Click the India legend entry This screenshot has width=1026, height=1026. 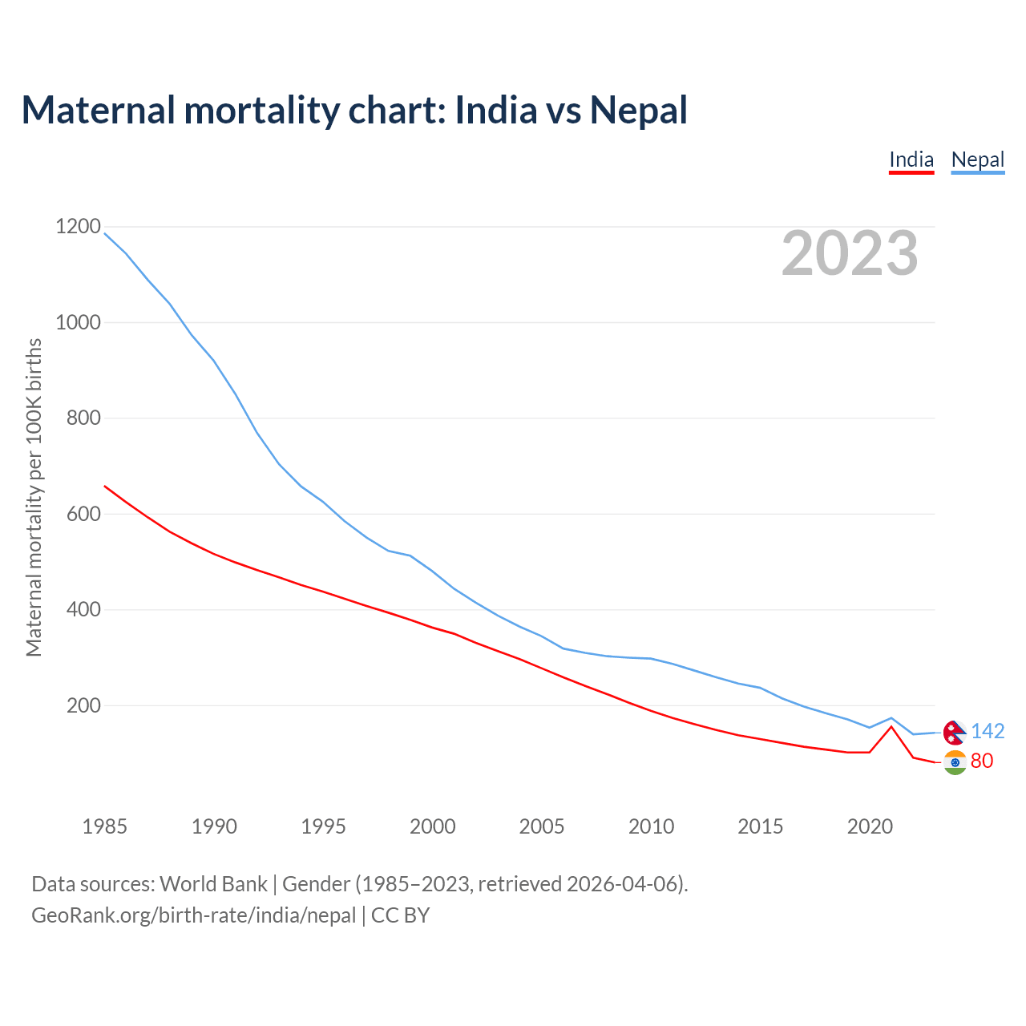point(911,160)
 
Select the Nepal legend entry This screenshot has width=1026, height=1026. point(977,160)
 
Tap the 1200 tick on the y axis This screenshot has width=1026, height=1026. point(78,227)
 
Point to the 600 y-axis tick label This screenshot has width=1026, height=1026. point(78,514)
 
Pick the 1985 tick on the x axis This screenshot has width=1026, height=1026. point(104,826)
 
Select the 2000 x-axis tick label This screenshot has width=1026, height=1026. point(432,826)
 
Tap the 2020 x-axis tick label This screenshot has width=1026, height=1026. point(870,826)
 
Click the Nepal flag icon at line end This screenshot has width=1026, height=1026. point(954,732)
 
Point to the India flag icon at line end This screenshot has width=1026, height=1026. point(955,762)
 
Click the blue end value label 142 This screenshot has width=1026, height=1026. point(988,731)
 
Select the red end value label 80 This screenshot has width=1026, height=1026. point(982,761)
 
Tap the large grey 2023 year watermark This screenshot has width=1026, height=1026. point(850,253)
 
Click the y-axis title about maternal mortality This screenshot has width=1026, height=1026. point(34,497)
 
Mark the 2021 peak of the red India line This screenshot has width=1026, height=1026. point(891,726)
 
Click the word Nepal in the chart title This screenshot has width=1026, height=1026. point(639,110)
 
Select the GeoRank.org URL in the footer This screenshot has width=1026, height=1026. point(193,915)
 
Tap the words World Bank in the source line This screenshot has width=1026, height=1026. point(213,884)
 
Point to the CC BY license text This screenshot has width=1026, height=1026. point(400,915)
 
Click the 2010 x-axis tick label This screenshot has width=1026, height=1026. point(651,826)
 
